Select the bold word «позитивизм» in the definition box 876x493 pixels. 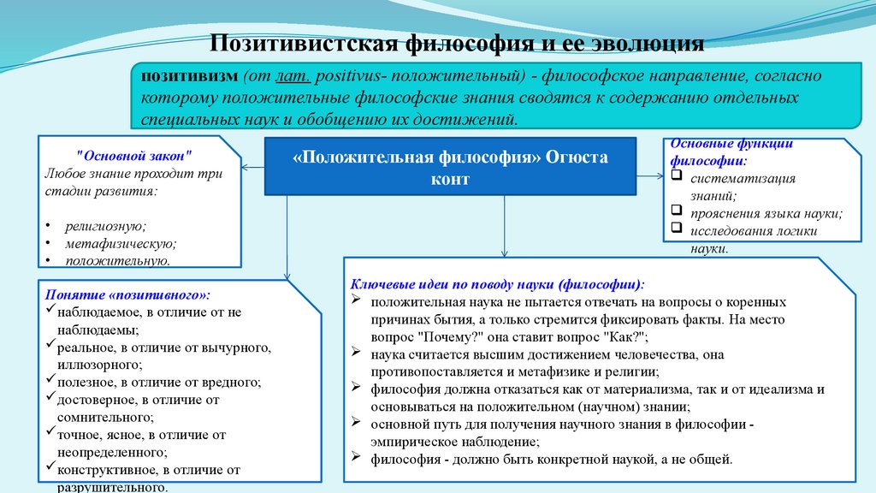tap(185, 75)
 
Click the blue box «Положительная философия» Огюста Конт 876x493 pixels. tap(451, 166)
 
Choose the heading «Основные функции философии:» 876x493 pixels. tap(722, 151)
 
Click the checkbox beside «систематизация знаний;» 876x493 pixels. tap(676, 178)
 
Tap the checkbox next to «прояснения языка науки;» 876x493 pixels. tap(676, 211)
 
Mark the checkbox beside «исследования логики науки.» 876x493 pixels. tap(676, 229)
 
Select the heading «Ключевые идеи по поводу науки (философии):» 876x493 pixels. tap(499, 283)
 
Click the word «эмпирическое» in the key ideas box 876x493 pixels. tap(414, 442)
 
